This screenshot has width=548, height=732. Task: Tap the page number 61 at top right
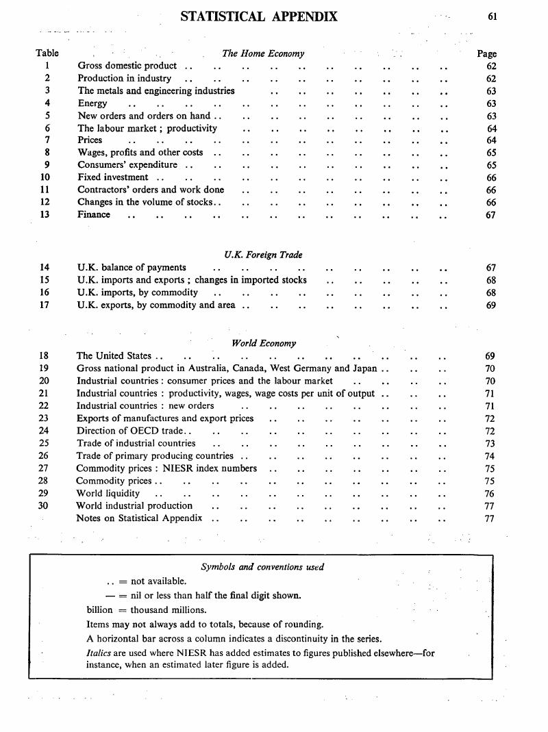pyautogui.click(x=492, y=17)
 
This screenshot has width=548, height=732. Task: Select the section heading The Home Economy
pyautogui.click(x=263, y=53)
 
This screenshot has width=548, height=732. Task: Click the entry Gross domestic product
pyautogui.click(x=127, y=66)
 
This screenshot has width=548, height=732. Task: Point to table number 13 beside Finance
pyautogui.click(x=45, y=215)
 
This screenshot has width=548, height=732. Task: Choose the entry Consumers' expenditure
pyautogui.click(x=127, y=165)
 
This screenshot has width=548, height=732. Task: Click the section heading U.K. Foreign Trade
pyautogui.click(x=263, y=255)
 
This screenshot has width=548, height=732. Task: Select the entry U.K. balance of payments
pyautogui.click(x=132, y=268)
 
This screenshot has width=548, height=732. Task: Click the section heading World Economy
pyautogui.click(x=264, y=343)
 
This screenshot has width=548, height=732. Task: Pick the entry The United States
pyautogui.click(x=114, y=356)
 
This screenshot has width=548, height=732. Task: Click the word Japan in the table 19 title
pyautogui.click(x=363, y=368)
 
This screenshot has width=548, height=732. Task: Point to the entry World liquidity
pyautogui.click(x=109, y=493)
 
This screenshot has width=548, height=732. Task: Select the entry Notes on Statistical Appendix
pyautogui.click(x=139, y=518)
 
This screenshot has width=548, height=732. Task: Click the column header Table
pyautogui.click(x=47, y=53)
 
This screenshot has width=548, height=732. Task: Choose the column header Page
pyautogui.click(x=486, y=53)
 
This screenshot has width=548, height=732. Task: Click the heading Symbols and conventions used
pyautogui.click(x=262, y=567)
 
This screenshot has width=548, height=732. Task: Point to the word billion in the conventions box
pyautogui.click(x=99, y=610)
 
